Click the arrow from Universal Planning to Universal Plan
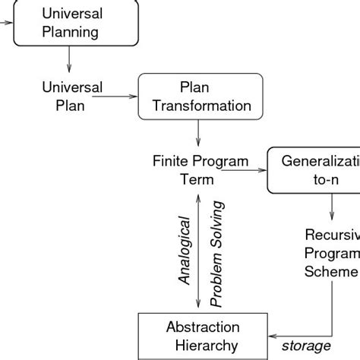[x=69, y=59]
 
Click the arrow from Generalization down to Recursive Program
[x=331, y=206]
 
